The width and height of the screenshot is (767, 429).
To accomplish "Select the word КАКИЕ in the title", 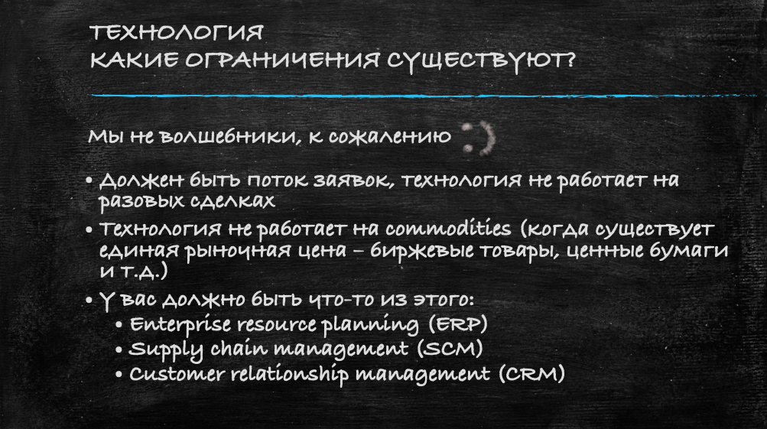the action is (134, 60).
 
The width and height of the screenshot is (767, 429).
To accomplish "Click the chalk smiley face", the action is (479, 138).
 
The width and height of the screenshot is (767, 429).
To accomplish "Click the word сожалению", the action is (389, 137).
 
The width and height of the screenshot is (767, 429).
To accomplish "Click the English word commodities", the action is (448, 228).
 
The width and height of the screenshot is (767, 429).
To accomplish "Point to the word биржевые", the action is (421, 250).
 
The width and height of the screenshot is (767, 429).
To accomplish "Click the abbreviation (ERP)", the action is (458, 323).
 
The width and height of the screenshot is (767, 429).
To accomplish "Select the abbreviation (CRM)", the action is (531, 374).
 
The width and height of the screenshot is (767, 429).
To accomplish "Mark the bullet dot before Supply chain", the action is (119, 349).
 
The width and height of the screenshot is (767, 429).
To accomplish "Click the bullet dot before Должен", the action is (89, 180).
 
